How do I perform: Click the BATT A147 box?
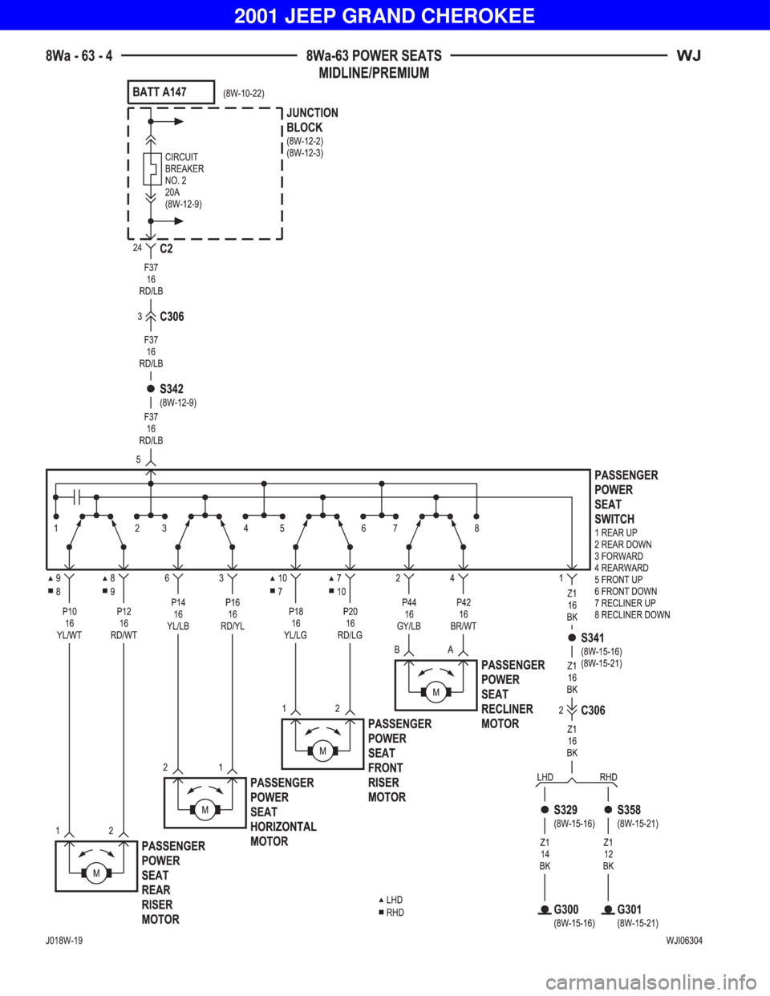(x=171, y=92)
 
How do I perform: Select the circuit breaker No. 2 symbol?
(x=152, y=168)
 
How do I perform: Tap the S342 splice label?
(x=172, y=389)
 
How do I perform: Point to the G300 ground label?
(x=566, y=909)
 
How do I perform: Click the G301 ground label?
(x=630, y=909)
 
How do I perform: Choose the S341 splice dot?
(x=572, y=637)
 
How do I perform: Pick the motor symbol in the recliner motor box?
(x=436, y=692)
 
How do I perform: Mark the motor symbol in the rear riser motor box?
(x=96, y=873)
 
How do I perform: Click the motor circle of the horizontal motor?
(x=205, y=810)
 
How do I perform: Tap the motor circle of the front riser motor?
(x=322, y=751)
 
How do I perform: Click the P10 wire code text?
(x=70, y=611)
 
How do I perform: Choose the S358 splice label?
(x=629, y=809)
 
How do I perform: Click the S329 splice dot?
(x=545, y=809)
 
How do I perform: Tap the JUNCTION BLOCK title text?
(x=312, y=120)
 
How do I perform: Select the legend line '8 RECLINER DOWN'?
(x=632, y=614)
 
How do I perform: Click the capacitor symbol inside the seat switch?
(x=77, y=497)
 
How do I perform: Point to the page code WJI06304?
(x=684, y=941)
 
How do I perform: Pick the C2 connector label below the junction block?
(x=166, y=249)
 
